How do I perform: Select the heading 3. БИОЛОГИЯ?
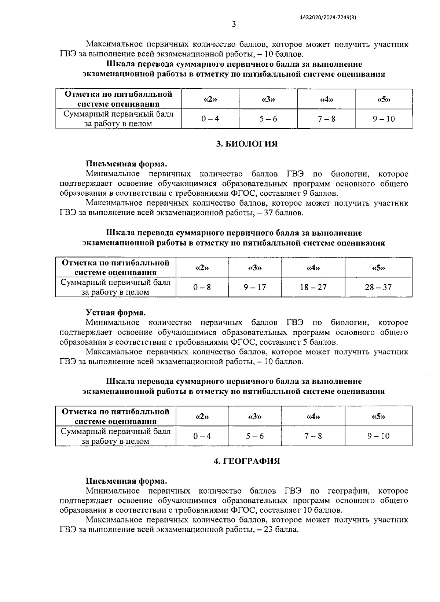pyautogui.click(x=247, y=144)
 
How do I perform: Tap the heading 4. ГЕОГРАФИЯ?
pyautogui.click(x=247, y=461)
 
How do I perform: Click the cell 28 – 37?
pyautogui.click(x=378, y=287)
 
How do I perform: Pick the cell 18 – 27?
pyautogui.click(x=313, y=287)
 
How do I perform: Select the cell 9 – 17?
pyautogui.click(x=255, y=287)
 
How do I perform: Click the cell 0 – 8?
pyautogui.click(x=202, y=287)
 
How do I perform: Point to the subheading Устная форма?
pyautogui.click(x=116, y=313)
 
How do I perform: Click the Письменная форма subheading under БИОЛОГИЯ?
pyautogui.click(x=126, y=164)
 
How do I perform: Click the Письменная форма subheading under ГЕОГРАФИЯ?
pyautogui.click(x=126, y=481)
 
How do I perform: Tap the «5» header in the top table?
pyautogui.click(x=384, y=99)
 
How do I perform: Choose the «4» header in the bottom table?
pyautogui.click(x=313, y=417)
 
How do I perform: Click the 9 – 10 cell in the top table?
pyautogui.click(x=384, y=119)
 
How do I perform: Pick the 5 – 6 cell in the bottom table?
pyautogui.click(x=255, y=436)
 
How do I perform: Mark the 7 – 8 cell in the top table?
pyautogui.click(x=326, y=119)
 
